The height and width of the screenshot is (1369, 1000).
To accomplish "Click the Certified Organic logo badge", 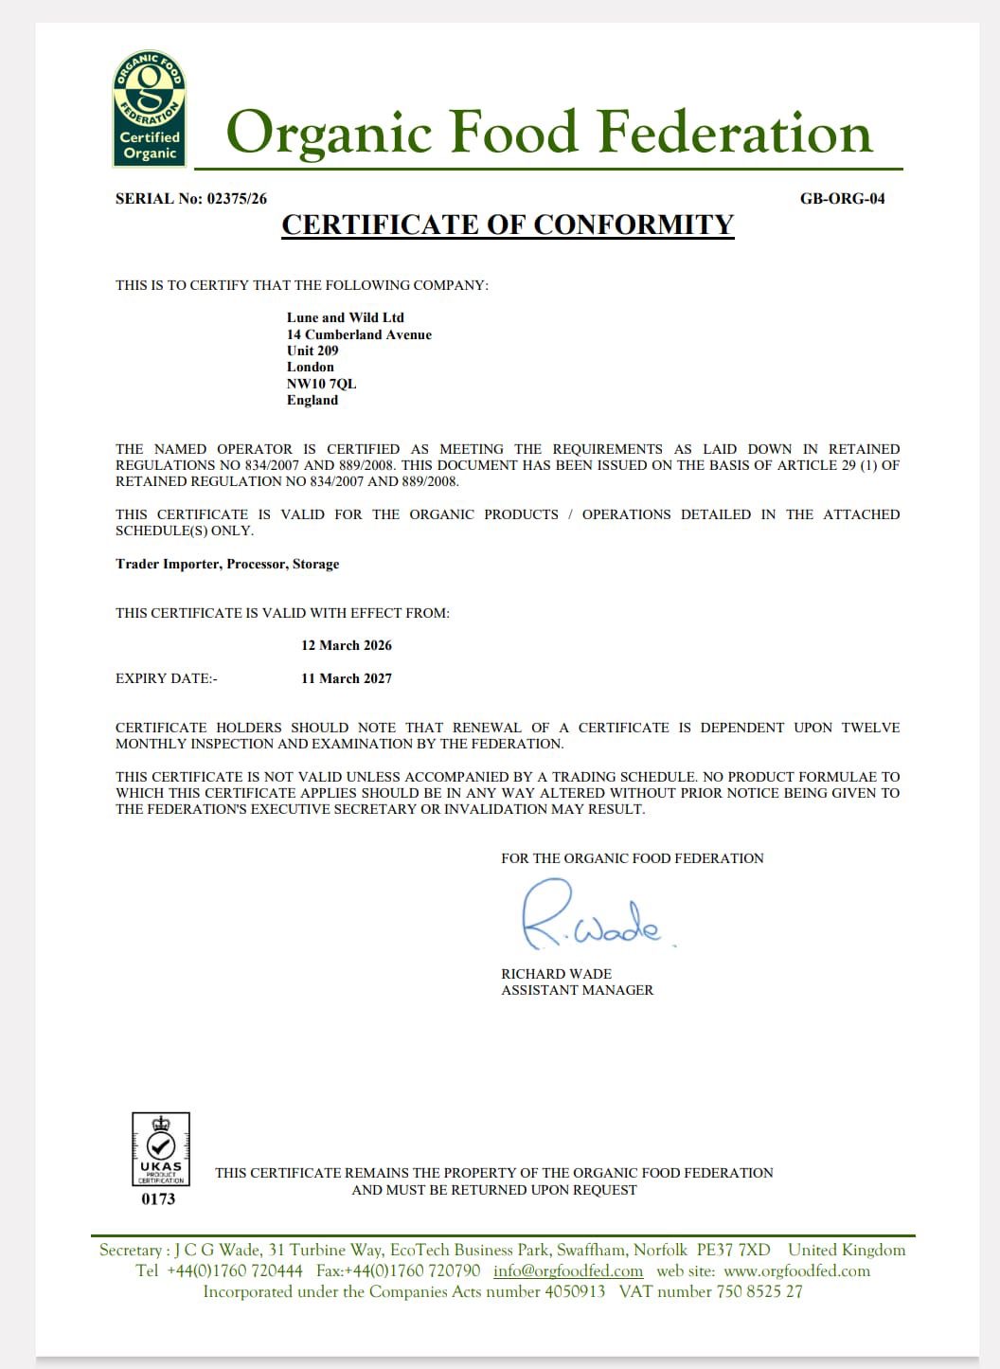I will (x=150, y=109).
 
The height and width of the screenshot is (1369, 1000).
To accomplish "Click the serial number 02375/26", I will (x=237, y=199).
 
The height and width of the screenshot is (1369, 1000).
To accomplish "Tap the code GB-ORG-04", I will (x=842, y=199).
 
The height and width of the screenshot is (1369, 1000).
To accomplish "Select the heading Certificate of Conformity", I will (x=508, y=225).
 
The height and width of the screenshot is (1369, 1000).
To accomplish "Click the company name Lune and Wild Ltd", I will (x=346, y=317).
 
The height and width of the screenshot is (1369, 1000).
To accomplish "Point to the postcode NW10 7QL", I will (x=322, y=384).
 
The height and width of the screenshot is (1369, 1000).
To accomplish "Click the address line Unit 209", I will (x=312, y=351).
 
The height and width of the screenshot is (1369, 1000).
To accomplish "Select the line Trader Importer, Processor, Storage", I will (x=227, y=564).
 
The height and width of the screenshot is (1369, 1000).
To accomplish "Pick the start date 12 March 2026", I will (x=347, y=645).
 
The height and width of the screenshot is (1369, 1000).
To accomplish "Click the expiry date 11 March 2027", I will (x=347, y=678).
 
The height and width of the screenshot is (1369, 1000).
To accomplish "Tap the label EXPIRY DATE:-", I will (x=167, y=678).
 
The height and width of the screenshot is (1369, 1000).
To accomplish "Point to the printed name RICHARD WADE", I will (x=556, y=974).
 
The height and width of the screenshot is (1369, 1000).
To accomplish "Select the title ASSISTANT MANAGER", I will (x=577, y=990).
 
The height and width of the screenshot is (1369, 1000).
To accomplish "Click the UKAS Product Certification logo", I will (x=161, y=1148).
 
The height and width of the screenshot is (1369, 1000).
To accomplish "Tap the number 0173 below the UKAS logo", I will (x=158, y=1199).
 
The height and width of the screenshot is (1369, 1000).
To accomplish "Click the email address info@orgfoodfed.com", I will (x=568, y=1271).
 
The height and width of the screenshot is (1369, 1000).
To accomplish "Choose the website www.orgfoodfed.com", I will (x=796, y=1271).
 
